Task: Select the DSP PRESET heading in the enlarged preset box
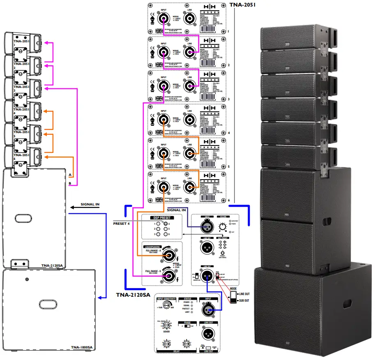point(161,218)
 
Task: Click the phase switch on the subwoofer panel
point(189,328)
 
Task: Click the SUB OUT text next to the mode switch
point(244,301)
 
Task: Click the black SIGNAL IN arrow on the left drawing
point(84,208)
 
